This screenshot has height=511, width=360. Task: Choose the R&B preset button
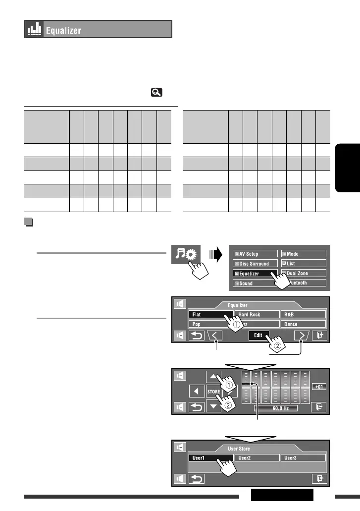pos(303,314)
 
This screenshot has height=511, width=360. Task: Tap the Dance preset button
pos(303,324)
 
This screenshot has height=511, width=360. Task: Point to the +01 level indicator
pos(319,387)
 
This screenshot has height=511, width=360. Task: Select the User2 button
pos(255,458)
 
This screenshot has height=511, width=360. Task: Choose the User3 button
pos(303,458)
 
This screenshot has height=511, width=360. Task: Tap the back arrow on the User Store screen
pos(198,479)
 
